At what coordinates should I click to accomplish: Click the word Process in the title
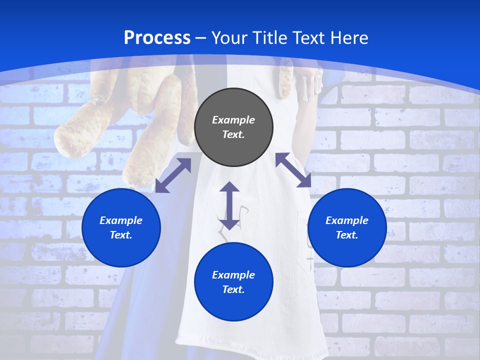pos(157,38)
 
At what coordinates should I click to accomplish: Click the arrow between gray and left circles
pos(173,175)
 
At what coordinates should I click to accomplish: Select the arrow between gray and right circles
pos(293,170)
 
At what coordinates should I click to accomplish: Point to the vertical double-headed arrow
pos(229,205)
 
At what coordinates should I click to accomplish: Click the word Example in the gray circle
pos(233,120)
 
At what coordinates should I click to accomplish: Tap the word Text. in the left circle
pos(121,235)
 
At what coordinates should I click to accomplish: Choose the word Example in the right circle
pos(347,220)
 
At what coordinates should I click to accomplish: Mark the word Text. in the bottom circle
pos(233,289)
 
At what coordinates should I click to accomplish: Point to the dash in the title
pos(201,38)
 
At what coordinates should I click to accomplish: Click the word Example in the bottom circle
pos(233,275)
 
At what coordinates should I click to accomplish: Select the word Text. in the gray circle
pos(233,134)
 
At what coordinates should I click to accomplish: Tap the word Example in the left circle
pos(121,220)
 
